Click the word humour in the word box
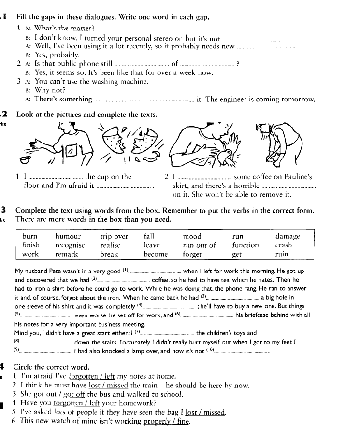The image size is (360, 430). point(68,236)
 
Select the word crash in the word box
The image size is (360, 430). point(284,245)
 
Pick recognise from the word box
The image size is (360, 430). point(70,245)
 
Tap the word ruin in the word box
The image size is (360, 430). point(282,254)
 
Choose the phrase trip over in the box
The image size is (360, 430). point(114,236)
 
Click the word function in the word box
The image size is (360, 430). point(245,245)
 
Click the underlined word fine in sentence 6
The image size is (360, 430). point(182,421)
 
